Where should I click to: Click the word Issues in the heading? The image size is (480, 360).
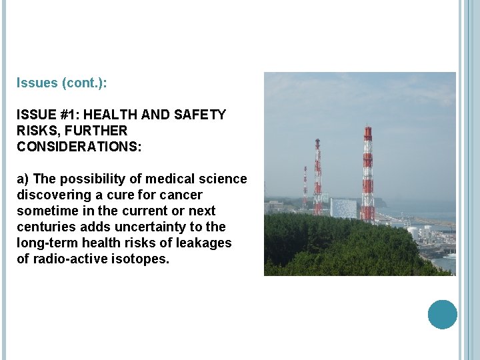[x=37, y=84]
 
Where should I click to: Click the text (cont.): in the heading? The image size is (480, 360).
[x=84, y=84]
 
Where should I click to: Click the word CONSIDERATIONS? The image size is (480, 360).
[x=79, y=146]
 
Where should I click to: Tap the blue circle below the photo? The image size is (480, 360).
[x=442, y=315]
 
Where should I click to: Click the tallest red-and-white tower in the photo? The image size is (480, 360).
[x=367, y=173]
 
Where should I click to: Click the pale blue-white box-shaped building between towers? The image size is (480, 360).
[x=343, y=208]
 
